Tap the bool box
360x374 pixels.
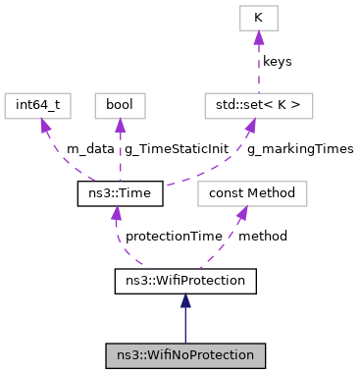coord(119,105)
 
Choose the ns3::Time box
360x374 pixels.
coord(119,193)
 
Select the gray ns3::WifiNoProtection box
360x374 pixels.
coord(185,354)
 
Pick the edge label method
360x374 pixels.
coord(262,238)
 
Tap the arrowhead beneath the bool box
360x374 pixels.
coord(119,126)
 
